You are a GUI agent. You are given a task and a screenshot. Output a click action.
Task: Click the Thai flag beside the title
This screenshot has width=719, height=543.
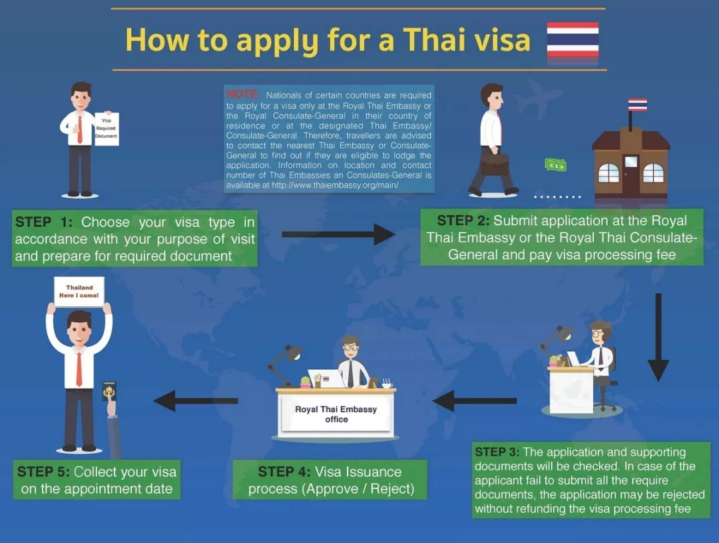click(x=573, y=39)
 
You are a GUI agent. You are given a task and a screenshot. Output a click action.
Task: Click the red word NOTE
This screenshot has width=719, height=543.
click(x=243, y=94)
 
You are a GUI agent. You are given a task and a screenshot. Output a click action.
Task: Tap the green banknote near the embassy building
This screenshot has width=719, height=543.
click(x=556, y=165)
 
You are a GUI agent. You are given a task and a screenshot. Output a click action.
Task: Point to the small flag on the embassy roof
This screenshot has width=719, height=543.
click(x=637, y=105)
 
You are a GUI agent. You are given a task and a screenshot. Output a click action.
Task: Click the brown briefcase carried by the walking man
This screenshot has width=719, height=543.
click(x=494, y=165)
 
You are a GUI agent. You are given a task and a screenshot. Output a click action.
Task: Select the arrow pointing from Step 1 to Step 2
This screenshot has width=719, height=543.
click(x=338, y=234)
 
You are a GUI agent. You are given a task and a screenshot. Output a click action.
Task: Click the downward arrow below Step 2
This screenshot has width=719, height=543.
click(x=658, y=337)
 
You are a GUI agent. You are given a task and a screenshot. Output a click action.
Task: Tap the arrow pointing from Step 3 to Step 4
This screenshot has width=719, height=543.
click(x=474, y=400)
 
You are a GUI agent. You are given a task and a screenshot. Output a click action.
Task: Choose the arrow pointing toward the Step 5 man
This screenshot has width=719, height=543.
click(x=195, y=400)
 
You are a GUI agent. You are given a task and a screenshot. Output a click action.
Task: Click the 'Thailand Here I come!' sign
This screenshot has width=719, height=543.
click(x=79, y=291)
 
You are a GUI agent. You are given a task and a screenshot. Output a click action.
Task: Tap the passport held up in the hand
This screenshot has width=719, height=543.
click(x=109, y=392)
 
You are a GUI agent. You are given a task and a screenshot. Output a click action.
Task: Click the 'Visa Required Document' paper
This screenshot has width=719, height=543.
click(x=107, y=129)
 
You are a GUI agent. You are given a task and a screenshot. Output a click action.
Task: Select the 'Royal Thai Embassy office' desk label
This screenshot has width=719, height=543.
click(x=336, y=414)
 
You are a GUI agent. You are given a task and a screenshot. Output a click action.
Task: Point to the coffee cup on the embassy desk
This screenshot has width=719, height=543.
click(x=387, y=384)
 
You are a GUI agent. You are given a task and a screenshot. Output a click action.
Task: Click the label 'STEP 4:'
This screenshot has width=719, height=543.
click(x=284, y=472)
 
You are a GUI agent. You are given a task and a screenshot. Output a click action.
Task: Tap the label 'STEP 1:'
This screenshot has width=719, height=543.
click(x=44, y=222)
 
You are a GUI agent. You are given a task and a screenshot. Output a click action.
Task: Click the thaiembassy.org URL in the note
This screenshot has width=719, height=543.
click(x=335, y=185)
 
